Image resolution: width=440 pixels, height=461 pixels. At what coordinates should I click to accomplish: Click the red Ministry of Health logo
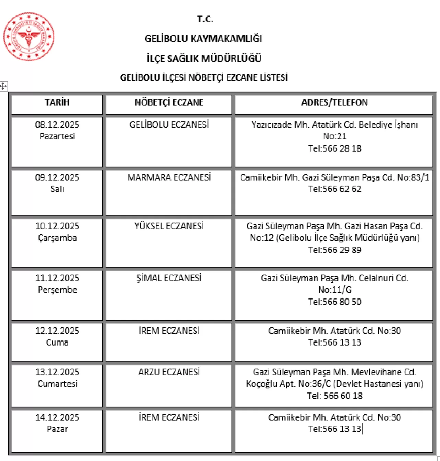pos(29,36)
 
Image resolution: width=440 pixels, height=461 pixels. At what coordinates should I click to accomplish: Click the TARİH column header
pos(57,102)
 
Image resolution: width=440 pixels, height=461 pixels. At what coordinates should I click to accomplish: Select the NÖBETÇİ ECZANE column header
pos(169,102)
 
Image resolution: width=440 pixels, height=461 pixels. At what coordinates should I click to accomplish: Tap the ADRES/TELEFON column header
pos(334,102)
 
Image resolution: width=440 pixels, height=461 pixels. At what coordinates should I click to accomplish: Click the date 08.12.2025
pos(57,125)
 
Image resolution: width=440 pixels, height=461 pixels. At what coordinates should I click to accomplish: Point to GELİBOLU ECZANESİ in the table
pos(169,125)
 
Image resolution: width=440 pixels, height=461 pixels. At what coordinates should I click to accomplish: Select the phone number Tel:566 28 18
pos(334,148)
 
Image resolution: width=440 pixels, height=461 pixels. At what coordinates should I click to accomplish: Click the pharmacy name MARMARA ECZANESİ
pos(169,177)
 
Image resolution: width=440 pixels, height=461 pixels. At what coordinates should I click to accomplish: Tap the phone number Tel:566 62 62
pos(334,189)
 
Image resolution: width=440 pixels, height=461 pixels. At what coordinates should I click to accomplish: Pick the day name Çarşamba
pos(57,238)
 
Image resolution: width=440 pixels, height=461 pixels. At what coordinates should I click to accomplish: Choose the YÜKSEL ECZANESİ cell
pos(169,226)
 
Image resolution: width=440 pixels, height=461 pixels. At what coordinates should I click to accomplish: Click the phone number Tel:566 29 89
pos(334,250)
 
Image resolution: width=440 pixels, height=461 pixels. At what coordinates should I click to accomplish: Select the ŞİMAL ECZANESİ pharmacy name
pos(169,278)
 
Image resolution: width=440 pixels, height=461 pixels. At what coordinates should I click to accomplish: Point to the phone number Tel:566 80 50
pos(334,302)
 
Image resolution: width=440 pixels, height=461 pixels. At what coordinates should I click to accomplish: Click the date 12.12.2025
pos(57,331)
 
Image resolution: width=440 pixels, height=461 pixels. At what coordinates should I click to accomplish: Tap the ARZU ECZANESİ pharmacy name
pos(169,372)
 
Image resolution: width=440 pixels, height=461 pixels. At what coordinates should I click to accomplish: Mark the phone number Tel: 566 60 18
pos(334,396)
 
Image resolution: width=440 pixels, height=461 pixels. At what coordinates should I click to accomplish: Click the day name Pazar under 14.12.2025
pos(57,429)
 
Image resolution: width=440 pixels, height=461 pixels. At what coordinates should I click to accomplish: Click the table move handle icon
pos(3,86)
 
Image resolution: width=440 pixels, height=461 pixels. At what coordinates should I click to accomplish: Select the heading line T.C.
pos(205,19)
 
